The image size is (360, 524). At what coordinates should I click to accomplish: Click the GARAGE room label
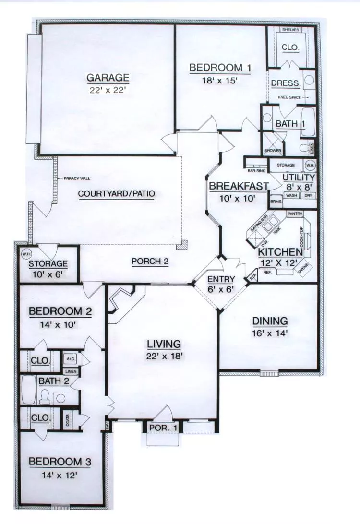click(x=108, y=77)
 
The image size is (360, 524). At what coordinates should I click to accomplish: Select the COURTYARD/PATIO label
click(x=117, y=194)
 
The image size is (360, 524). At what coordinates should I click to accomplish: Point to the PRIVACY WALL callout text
click(x=77, y=179)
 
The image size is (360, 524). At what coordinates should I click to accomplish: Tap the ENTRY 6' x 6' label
click(x=221, y=284)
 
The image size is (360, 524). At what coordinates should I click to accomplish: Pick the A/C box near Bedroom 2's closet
click(x=70, y=358)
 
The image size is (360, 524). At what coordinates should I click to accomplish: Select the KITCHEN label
click(x=280, y=252)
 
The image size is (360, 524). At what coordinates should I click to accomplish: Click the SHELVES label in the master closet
click(x=290, y=30)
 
